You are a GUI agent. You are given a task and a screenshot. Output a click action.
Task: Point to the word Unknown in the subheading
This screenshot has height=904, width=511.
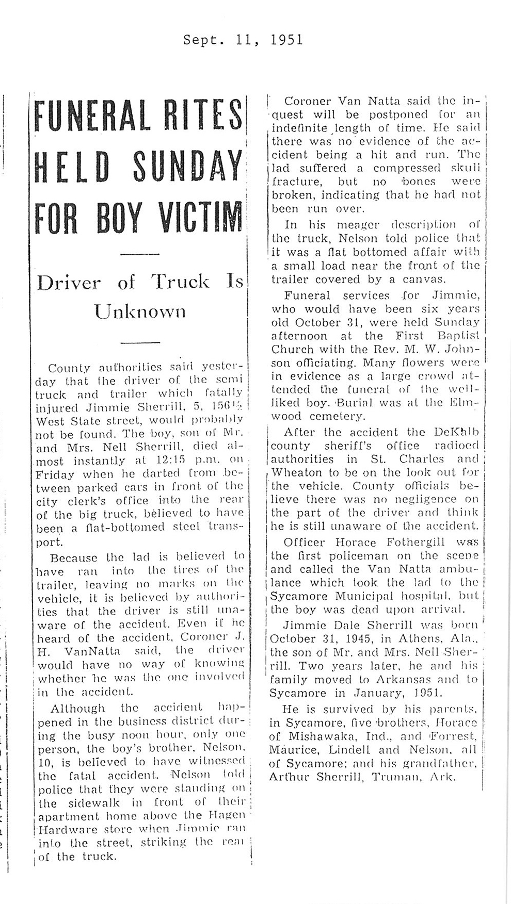click(139, 310)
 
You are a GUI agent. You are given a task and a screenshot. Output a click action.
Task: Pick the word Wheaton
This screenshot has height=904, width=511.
click(296, 472)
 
